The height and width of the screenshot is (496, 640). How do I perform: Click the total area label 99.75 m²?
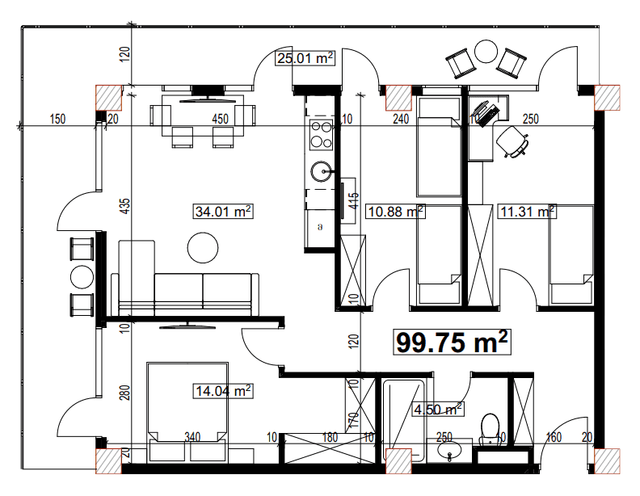453,343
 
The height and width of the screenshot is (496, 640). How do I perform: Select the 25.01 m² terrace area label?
305,58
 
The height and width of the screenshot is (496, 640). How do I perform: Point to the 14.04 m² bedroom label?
224,392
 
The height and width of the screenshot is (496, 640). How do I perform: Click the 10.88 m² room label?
396,212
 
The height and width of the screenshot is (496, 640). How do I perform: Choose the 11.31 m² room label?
527,212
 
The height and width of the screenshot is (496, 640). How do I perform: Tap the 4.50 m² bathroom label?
437,409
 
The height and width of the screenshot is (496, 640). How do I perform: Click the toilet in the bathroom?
490,428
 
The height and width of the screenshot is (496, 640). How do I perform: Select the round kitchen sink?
321,171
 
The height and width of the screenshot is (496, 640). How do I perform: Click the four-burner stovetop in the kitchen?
321,134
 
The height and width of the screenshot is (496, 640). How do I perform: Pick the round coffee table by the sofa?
202,248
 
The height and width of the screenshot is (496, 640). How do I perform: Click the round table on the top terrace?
486,52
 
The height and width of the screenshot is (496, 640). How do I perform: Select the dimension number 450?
221,119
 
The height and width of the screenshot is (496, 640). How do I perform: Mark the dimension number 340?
192,437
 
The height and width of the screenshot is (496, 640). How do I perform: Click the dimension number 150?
57,120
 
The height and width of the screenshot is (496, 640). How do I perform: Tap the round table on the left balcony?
82,277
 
